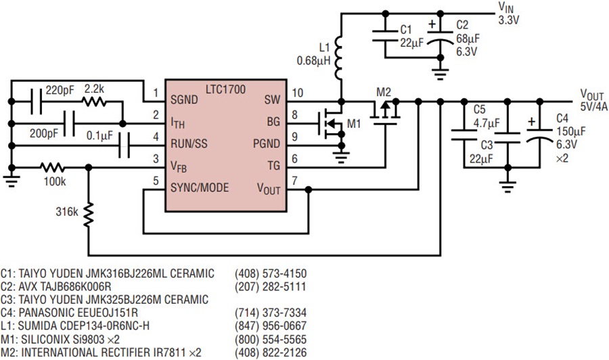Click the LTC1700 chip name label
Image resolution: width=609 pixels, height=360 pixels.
coord(225,90)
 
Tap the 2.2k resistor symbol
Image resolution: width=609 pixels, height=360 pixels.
coord(93,102)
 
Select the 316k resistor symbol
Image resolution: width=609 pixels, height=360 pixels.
coord(89,215)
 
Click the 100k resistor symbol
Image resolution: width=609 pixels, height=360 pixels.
coord(52,167)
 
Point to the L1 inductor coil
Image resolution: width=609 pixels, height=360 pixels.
coord(339,58)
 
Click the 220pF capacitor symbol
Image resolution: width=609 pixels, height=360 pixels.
coord(36,102)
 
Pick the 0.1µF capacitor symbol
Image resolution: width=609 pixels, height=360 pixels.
coord(124,145)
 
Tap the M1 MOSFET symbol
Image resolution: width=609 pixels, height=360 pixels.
coord(331,124)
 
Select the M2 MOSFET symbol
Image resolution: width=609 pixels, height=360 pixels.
coord(385,112)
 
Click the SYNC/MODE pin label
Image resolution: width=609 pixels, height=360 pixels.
coord(200,188)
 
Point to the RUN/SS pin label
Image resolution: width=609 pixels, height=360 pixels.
coord(189,144)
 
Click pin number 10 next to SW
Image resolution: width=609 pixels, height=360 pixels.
coord(297,93)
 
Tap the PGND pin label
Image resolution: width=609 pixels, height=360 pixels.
coord(267,143)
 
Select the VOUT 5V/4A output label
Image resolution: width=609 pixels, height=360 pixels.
coord(593,101)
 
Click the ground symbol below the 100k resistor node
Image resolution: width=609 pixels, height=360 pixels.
coord(12,181)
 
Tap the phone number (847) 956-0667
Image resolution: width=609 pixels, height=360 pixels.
coord(270,325)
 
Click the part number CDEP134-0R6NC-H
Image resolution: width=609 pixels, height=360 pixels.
coord(103,325)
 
